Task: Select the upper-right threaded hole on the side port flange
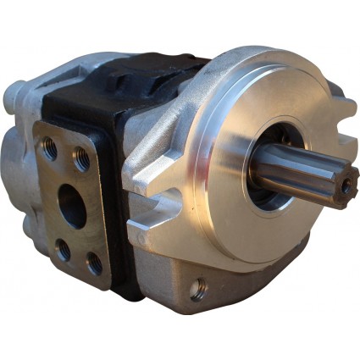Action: (82, 157)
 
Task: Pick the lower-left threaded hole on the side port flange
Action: (63, 249)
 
